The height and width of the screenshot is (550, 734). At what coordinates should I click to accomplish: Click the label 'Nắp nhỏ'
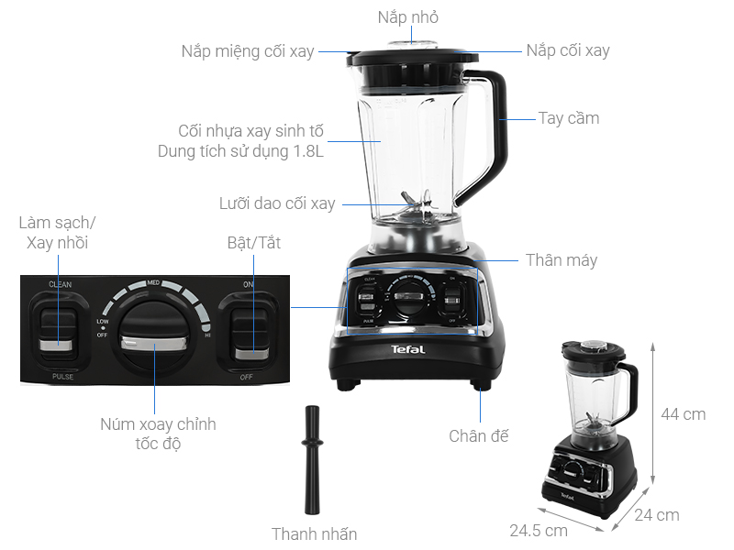tap(408, 17)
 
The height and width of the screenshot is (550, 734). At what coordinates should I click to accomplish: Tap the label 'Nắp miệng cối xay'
tap(248, 51)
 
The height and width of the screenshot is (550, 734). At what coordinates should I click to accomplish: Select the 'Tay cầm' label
tap(568, 118)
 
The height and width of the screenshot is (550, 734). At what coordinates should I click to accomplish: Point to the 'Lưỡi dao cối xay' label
tap(277, 203)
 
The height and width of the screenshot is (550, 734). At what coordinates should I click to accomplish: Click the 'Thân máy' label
tap(561, 260)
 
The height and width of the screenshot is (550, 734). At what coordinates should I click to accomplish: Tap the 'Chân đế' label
tap(478, 436)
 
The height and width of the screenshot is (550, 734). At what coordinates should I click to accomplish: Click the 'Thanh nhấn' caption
tap(314, 533)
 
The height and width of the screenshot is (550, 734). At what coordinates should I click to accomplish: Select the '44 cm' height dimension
tap(684, 414)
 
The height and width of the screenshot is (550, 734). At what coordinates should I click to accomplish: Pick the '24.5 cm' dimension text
tap(539, 530)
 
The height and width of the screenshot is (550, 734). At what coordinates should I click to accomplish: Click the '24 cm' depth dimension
tap(657, 515)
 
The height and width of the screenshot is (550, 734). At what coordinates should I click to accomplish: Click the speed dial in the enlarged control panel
tap(153, 339)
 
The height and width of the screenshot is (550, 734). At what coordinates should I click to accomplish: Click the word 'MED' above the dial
tap(154, 284)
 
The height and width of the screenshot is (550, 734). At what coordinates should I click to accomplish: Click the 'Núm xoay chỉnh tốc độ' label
tap(158, 434)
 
